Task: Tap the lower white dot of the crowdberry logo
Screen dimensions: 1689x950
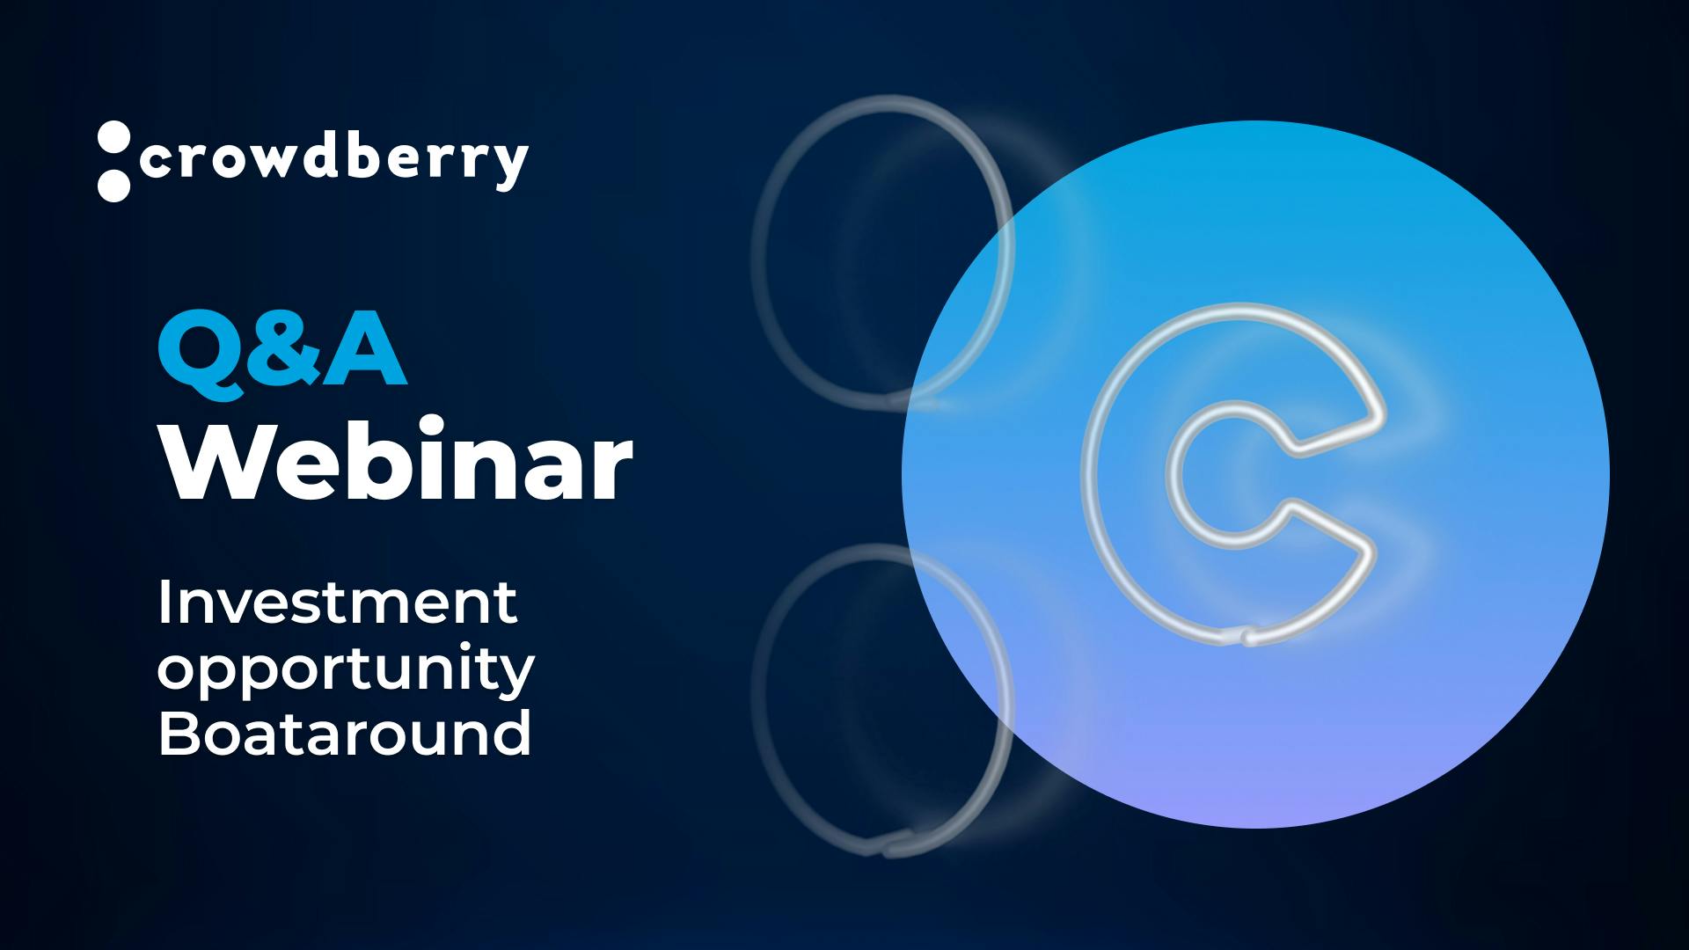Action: (x=113, y=185)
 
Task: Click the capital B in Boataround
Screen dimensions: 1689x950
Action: (x=179, y=734)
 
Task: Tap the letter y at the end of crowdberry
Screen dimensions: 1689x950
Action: (x=508, y=167)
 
